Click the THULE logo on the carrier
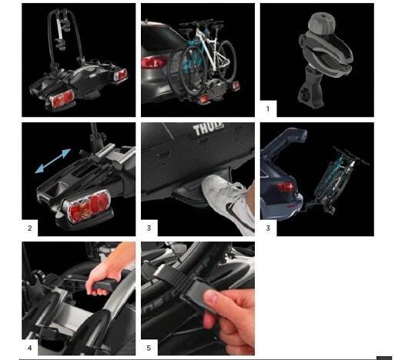click(x=209, y=129)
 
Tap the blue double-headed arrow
click(x=53, y=161)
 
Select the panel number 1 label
click(x=268, y=109)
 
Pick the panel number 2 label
click(x=30, y=228)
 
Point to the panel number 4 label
click(x=30, y=348)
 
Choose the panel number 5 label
click(x=149, y=348)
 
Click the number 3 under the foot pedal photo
click(x=149, y=228)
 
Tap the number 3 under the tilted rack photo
click(x=268, y=228)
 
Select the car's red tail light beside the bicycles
click(x=153, y=62)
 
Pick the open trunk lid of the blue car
click(x=283, y=145)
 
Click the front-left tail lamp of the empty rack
click(x=62, y=98)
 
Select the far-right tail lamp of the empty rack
click(x=121, y=75)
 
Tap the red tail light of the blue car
click(x=286, y=186)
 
